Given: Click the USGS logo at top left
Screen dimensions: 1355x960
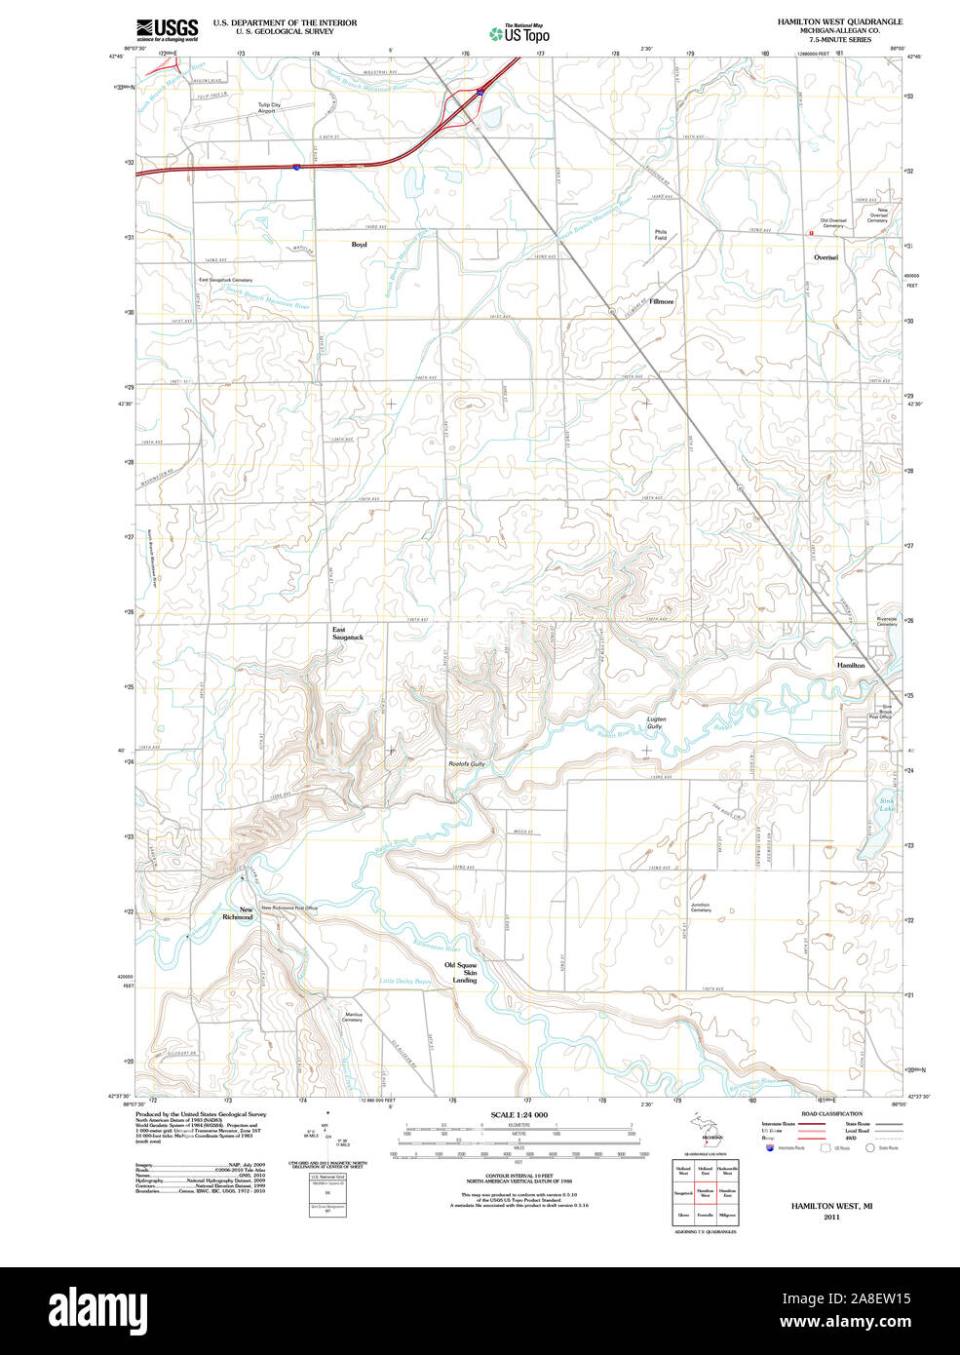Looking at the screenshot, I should [168, 28].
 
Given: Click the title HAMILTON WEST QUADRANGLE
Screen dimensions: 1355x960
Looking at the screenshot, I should [839, 20].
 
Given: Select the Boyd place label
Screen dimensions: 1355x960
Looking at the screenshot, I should [359, 245].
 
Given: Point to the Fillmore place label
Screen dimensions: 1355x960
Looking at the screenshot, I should [662, 302].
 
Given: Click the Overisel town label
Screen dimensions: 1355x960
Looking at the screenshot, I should [826, 257].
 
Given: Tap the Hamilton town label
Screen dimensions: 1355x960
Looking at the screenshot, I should [850, 665].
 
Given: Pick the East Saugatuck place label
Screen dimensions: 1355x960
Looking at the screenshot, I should [346, 634].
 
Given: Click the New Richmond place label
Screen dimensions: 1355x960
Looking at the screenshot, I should [239, 913].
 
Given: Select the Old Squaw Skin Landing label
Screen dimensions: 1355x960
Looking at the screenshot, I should [464, 972].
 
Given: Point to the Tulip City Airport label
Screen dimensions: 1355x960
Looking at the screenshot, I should [268, 107].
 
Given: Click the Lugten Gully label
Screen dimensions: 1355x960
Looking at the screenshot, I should [656, 722].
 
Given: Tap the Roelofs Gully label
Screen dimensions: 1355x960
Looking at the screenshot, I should [466, 763].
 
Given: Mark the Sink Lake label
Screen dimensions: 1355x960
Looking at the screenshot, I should [886, 804].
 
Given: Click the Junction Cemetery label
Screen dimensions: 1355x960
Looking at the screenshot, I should [700, 908].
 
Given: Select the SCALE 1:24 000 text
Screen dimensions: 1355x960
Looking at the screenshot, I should [518, 1114].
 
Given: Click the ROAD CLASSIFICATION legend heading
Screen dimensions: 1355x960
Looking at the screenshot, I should [831, 1113].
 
